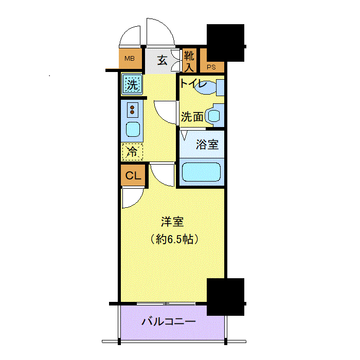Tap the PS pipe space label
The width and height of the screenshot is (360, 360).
coord(211,66)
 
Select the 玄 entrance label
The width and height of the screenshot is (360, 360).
coord(162,61)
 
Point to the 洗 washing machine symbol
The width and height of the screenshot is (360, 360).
coord(132,84)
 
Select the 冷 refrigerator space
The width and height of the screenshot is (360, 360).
coord(132,152)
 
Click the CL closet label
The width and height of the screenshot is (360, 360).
coord(133,175)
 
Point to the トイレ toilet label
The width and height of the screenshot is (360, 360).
coord(193,84)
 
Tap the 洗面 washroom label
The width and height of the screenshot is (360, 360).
coord(192,117)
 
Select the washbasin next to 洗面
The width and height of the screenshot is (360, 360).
coord(214,116)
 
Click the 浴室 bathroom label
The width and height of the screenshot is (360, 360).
coord(207,145)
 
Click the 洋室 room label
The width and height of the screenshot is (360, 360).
coord(172,222)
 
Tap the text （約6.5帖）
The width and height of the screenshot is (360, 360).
coord(174,239)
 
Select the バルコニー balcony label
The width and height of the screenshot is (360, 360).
coord(168,322)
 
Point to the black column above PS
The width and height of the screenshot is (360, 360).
coord(225,42)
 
